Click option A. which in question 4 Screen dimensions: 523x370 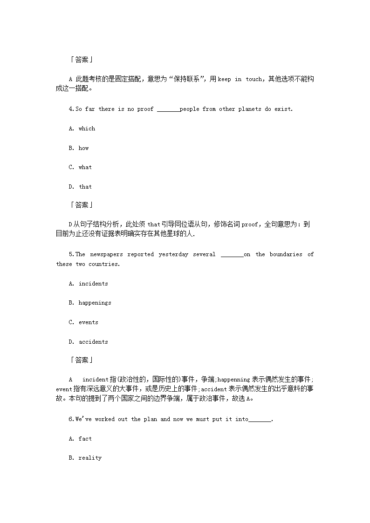coord(82,129)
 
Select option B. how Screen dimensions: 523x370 coord(79,148)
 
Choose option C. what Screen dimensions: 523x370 coord(81,167)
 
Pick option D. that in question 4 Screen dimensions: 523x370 coord(81,187)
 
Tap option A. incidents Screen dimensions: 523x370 coord(89,284)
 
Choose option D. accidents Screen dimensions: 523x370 coord(89,342)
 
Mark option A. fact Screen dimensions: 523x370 coord(81,439)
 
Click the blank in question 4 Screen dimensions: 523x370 coord(168,109)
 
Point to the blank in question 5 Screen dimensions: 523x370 coord(232,255)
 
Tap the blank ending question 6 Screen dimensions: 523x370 coord(260,420)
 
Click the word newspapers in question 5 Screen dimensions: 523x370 coord(106,254)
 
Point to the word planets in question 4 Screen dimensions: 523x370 coord(250,109)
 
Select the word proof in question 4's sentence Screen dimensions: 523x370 coord(145,109)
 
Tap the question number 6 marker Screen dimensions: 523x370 coord(71,419)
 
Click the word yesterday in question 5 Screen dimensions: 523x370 coord(173,254)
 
